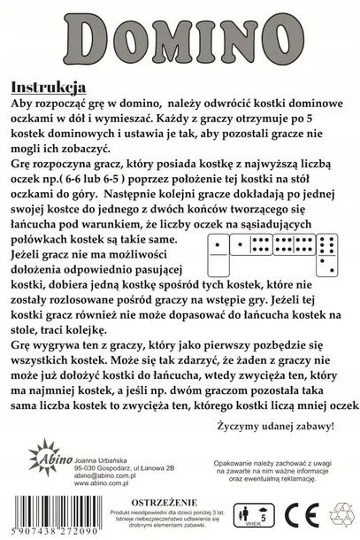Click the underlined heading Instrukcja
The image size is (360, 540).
[x=45, y=88]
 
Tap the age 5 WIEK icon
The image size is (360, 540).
[x=261, y=514]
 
